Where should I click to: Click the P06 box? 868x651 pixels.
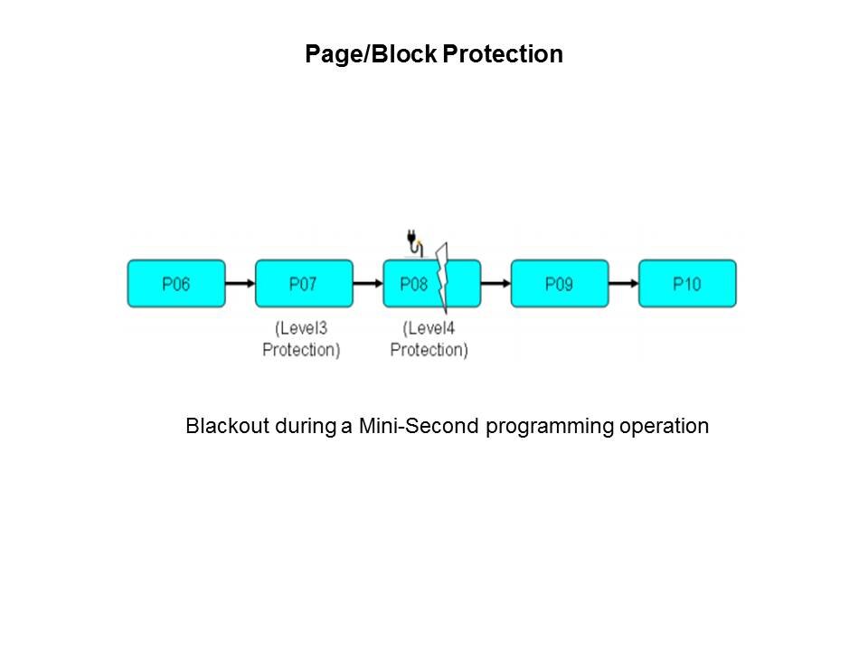(x=175, y=284)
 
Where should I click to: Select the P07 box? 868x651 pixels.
(x=303, y=284)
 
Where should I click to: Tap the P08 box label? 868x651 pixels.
(x=413, y=284)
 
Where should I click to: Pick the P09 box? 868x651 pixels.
(x=559, y=284)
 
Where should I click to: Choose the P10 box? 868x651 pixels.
(x=687, y=284)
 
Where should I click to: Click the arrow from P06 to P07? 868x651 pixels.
(x=240, y=284)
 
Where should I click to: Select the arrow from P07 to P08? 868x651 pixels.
(x=367, y=284)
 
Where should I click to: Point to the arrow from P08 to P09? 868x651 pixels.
(x=495, y=284)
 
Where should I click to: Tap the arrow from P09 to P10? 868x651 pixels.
(x=624, y=284)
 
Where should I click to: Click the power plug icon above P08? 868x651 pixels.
(x=412, y=241)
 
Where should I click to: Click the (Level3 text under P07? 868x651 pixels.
(x=301, y=328)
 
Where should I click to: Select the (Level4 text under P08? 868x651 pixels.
(x=429, y=328)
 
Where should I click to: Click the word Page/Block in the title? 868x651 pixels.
(x=371, y=55)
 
